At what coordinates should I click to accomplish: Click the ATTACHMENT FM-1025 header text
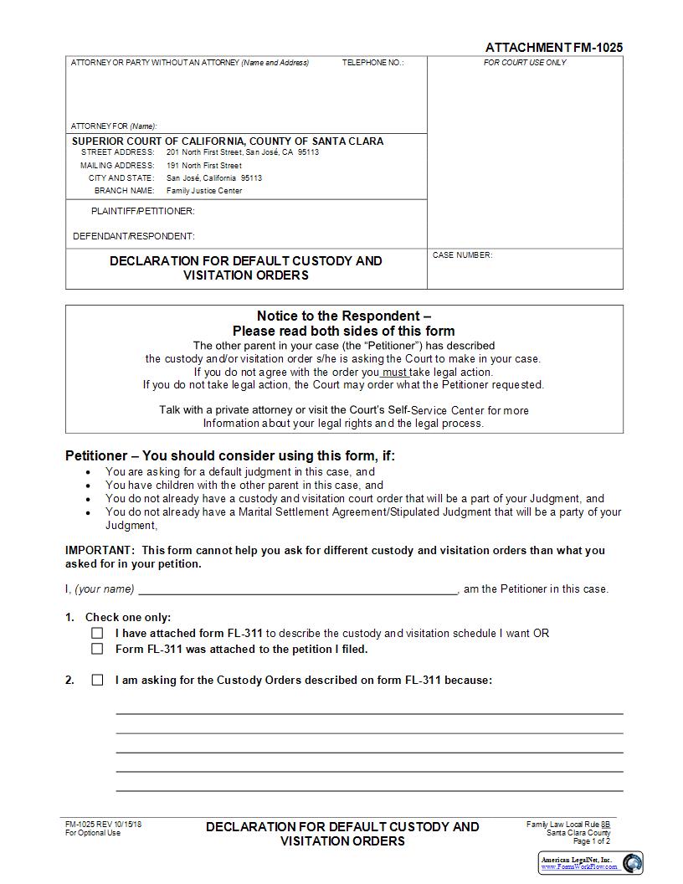pos(554,48)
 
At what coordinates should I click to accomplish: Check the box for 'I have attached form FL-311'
pos(98,634)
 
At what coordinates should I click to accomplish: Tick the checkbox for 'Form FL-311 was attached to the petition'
pos(98,649)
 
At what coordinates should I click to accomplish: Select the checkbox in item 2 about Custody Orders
pos(98,680)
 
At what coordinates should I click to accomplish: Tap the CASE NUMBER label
pos(462,255)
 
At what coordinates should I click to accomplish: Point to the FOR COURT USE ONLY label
pos(525,63)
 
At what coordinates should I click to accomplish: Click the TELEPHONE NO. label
pos(372,63)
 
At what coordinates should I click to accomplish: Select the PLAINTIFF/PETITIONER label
pos(143,211)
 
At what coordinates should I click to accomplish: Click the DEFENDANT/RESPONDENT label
pos(134,236)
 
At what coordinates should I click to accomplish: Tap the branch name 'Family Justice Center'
pos(204,191)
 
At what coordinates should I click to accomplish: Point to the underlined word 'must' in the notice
pos(395,372)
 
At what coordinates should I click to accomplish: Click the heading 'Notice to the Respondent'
pos(344,316)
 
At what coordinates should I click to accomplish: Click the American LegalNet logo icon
pos(632,862)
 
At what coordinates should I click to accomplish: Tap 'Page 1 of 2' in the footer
pos(591,841)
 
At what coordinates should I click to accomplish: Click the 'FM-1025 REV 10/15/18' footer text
pos(104,825)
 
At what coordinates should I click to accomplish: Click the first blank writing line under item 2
pos(369,712)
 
